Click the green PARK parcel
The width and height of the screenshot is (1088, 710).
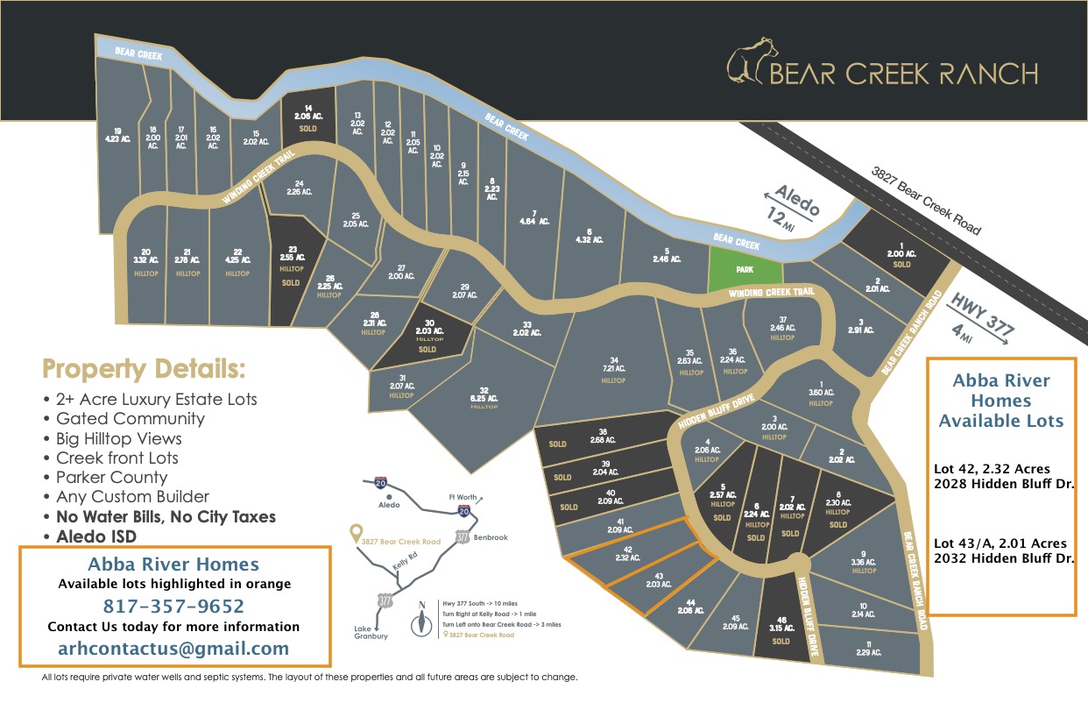pos(745,269)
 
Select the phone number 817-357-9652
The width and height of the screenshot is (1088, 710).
pos(173,606)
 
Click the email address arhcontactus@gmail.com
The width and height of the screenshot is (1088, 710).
pos(173,649)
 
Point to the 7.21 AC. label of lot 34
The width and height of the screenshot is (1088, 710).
pos(613,370)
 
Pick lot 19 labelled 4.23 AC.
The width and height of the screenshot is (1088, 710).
pos(117,137)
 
